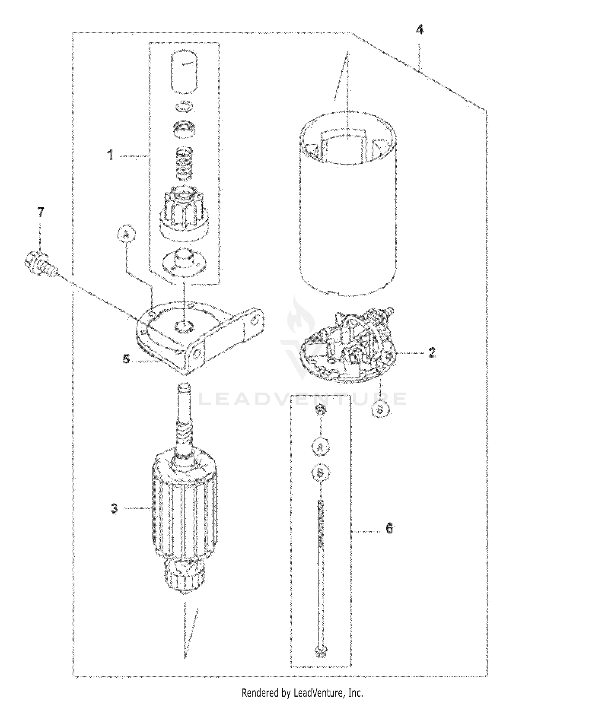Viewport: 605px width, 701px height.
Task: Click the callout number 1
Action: (x=110, y=155)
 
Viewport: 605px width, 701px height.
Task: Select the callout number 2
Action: (x=432, y=352)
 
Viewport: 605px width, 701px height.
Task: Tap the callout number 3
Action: (x=114, y=508)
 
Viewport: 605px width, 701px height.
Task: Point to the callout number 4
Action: (x=420, y=30)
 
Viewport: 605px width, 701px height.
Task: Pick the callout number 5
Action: (x=126, y=359)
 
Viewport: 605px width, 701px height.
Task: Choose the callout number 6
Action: (x=389, y=528)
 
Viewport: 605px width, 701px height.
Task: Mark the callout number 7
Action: (x=40, y=213)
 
